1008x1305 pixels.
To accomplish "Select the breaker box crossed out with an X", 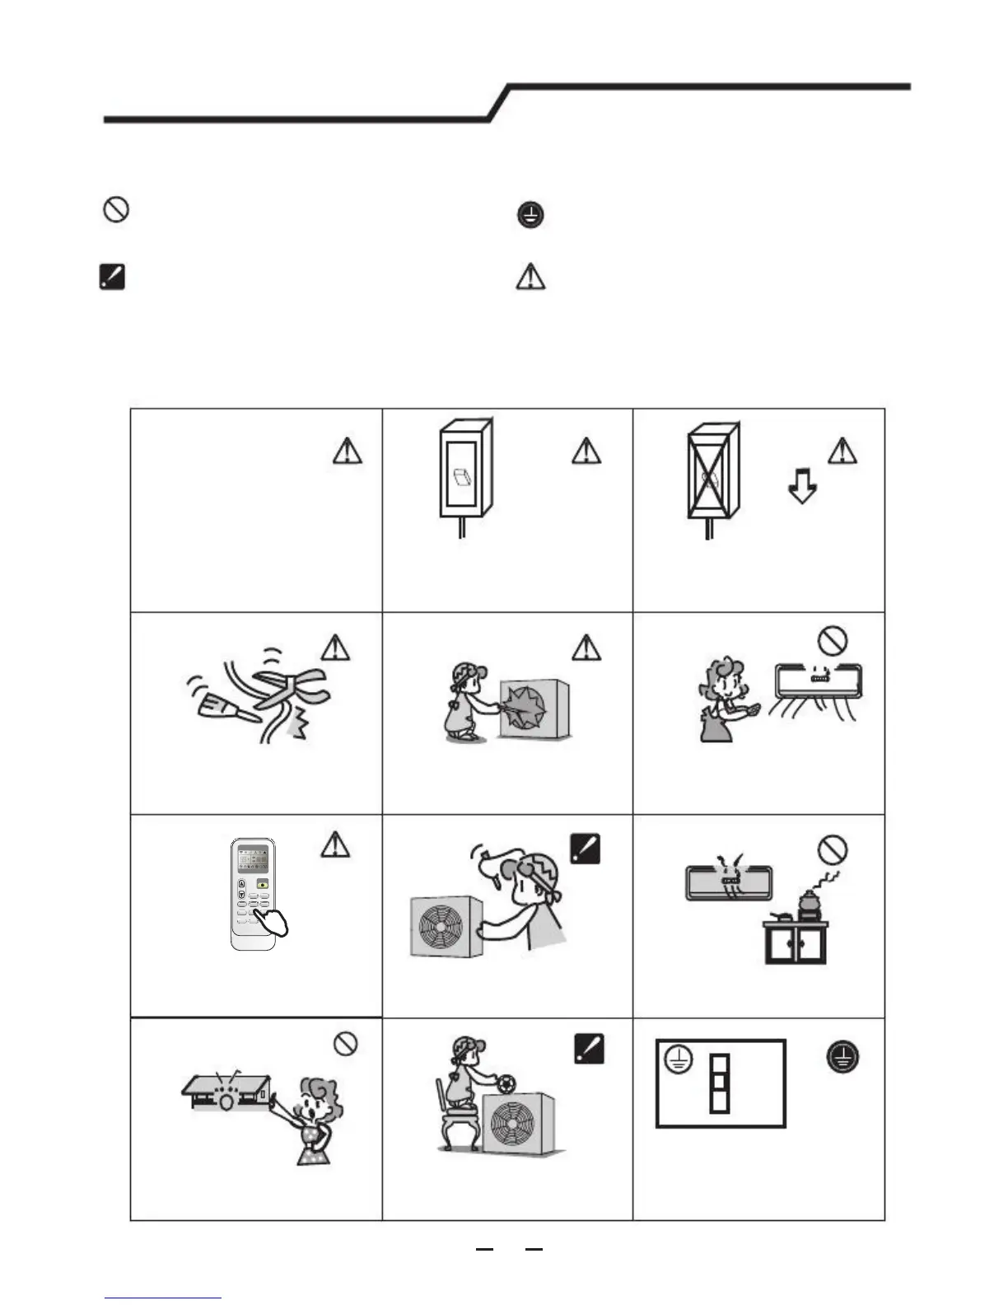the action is (x=712, y=473).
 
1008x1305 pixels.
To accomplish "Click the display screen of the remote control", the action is (x=252, y=860).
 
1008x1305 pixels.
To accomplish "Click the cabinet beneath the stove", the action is (x=796, y=943).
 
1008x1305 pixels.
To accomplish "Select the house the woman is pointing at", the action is (x=226, y=1092).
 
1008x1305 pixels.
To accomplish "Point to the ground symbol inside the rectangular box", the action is (x=677, y=1063).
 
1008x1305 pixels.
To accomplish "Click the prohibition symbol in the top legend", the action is (x=115, y=210).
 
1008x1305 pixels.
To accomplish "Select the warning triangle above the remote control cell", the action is (x=334, y=844).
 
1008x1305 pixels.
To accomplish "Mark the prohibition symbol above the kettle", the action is (x=833, y=849).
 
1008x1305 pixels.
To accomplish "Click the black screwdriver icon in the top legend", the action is (x=111, y=277).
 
